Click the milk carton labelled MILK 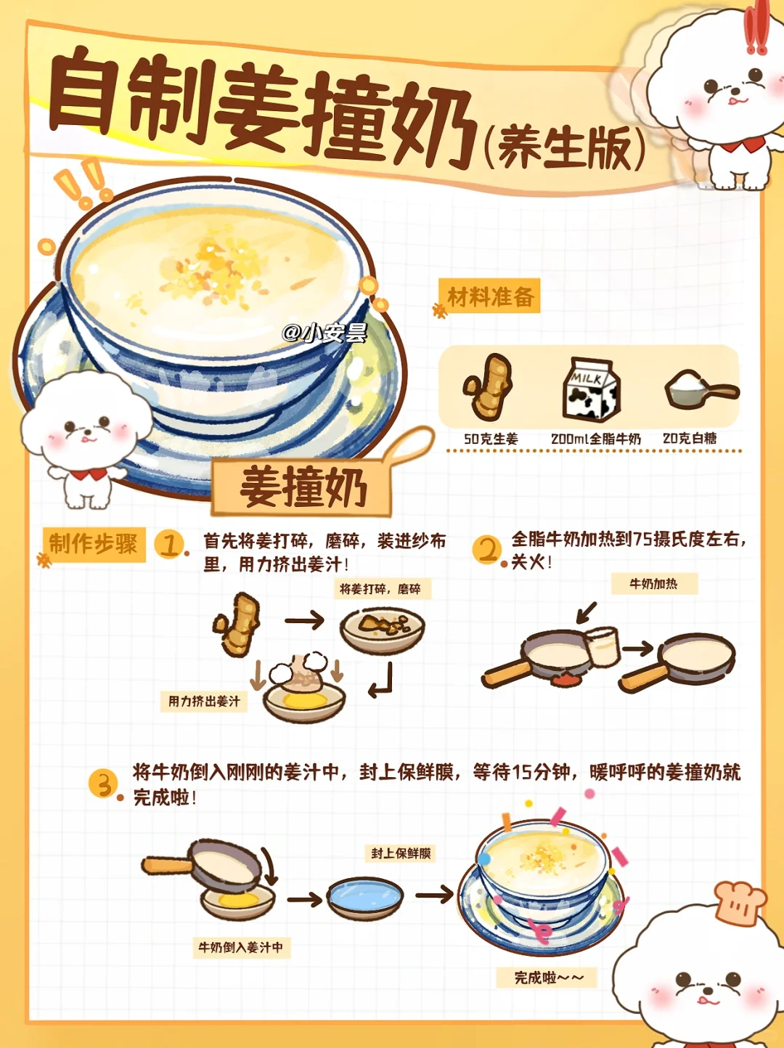pyautogui.click(x=592, y=389)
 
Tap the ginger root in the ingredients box pyautogui.click(x=488, y=386)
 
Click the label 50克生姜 pyautogui.click(x=491, y=439)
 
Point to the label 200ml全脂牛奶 pyautogui.click(x=596, y=439)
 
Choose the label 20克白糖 pyautogui.click(x=690, y=438)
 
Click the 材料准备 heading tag pyautogui.click(x=491, y=296)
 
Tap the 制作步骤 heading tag pyautogui.click(x=94, y=544)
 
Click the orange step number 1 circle pyautogui.click(x=170, y=544)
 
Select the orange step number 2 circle pyautogui.click(x=487, y=549)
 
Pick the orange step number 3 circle pyautogui.click(x=104, y=784)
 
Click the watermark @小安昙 pyautogui.click(x=324, y=333)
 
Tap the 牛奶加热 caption pyautogui.click(x=654, y=584)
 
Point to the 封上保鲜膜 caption pyautogui.click(x=401, y=853)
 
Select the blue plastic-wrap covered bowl pyautogui.click(x=365, y=898)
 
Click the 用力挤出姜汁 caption pyautogui.click(x=204, y=702)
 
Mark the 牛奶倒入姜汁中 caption pyautogui.click(x=242, y=947)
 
